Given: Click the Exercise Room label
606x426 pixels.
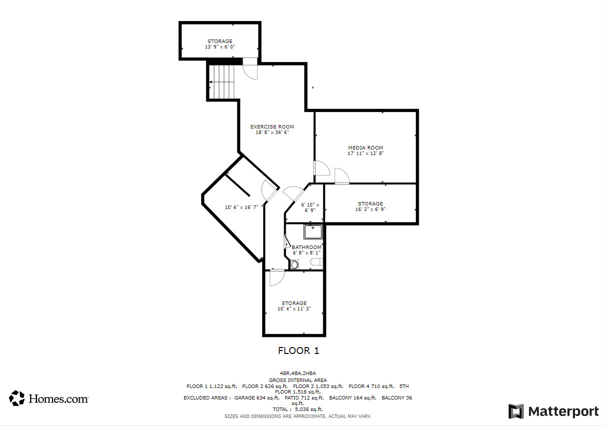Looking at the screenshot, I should [x=272, y=126].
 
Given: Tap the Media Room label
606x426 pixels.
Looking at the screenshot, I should [x=365, y=147].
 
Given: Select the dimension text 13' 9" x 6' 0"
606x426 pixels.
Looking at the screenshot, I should [x=220, y=46].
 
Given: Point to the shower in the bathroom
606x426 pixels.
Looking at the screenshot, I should [x=313, y=232].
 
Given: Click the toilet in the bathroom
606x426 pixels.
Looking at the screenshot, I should [x=294, y=264].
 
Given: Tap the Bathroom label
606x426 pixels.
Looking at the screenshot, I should [x=306, y=247].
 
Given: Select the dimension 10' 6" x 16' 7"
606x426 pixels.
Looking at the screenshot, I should [x=241, y=207].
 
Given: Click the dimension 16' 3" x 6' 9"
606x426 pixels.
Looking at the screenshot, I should [x=370, y=209].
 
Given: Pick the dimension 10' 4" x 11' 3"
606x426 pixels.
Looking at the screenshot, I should [x=294, y=309].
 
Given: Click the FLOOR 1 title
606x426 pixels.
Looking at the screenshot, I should [x=298, y=350].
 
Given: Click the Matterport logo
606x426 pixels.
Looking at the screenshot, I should [x=553, y=411].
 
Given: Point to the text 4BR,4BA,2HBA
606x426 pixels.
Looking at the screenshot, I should [x=298, y=373].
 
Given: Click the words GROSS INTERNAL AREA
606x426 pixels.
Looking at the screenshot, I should [x=298, y=380].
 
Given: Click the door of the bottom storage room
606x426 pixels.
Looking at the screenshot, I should [x=276, y=277].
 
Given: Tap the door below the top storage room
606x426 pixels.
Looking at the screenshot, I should [x=250, y=70].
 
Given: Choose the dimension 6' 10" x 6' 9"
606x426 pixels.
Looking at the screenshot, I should [x=310, y=207].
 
